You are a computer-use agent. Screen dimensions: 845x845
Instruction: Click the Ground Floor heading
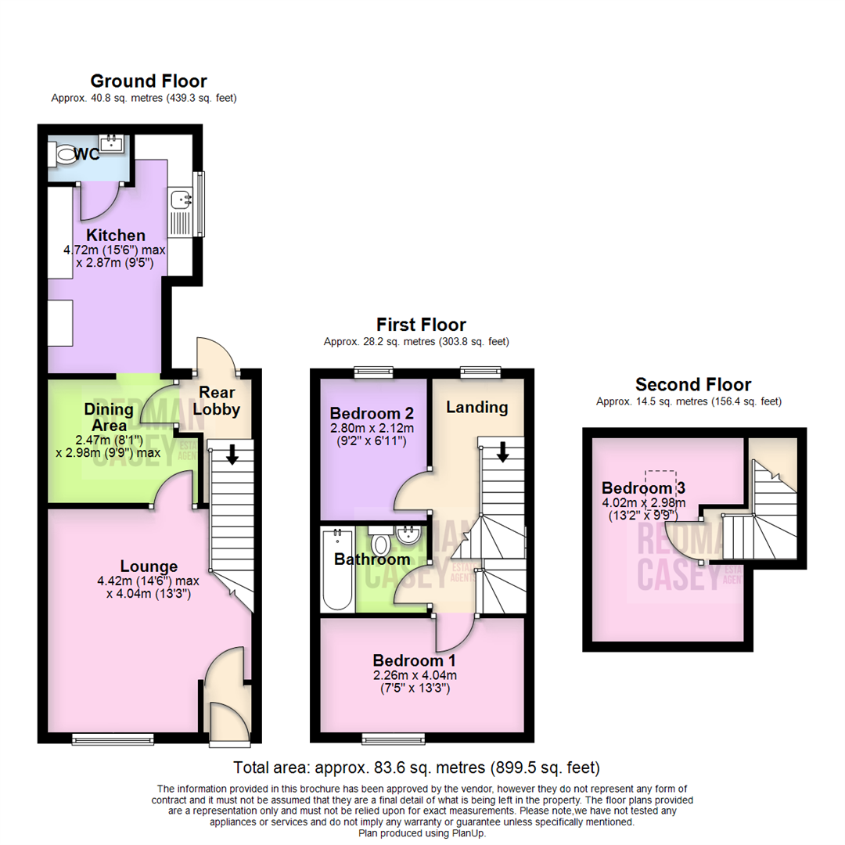point(149,81)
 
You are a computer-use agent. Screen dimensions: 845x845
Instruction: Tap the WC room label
point(87,154)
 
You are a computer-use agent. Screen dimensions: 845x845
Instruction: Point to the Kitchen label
point(116,236)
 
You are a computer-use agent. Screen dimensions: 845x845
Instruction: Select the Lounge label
point(149,566)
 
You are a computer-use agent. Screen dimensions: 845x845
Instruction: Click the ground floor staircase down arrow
point(232,454)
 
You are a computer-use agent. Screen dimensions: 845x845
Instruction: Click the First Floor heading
point(421,324)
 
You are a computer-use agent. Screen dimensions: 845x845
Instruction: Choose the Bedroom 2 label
point(372,412)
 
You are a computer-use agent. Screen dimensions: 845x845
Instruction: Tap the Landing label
point(476,407)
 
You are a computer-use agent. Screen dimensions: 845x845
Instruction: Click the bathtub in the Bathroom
point(337,570)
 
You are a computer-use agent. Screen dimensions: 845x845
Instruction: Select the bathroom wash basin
point(408,536)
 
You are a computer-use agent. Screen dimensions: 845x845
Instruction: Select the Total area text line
point(417,767)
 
